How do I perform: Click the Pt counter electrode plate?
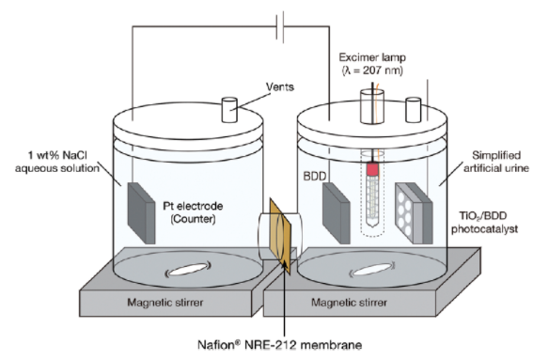pos(141,213)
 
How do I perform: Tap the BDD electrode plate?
pos(336,213)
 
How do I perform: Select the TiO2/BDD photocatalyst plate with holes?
pos(414,213)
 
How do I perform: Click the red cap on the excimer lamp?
pos(372,169)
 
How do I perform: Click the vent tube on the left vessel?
pos(229,110)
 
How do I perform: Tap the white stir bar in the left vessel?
pos(188,270)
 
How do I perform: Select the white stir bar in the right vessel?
pos(372,270)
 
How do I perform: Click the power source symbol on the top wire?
pos(280,26)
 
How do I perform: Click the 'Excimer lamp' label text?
pos(372,57)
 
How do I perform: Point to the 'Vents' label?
pos(280,86)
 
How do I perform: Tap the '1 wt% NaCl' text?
pos(57,155)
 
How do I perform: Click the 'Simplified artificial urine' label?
pos(496,162)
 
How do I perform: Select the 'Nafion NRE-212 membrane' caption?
pos(280,345)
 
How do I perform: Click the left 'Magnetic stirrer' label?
pos(165,303)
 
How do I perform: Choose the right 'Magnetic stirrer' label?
pos(349,303)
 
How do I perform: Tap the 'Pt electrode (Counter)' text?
pos(193,212)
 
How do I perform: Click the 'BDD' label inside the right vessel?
pos(315,176)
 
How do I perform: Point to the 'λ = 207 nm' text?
pos(372,70)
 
